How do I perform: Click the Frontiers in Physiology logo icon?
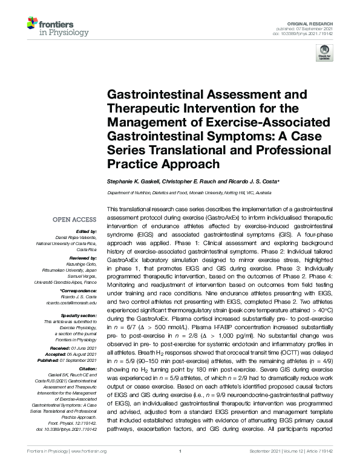35,24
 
